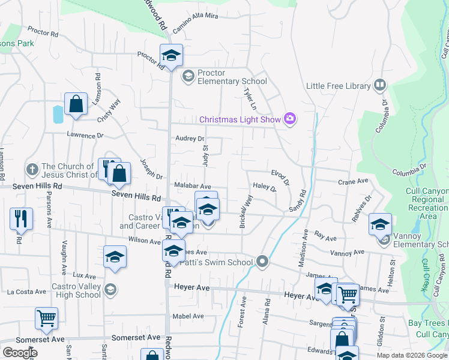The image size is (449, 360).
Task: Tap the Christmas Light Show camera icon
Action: coord(291,119)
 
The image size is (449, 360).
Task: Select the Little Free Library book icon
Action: coord(379,85)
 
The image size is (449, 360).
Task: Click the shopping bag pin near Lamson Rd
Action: coord(77,104)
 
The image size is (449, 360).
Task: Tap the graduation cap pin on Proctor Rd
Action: coord(171,56)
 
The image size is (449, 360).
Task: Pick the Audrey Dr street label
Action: coord(190,139)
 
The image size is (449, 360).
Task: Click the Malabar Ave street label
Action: coord(192,187)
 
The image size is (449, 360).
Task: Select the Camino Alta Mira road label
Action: coord(195,25)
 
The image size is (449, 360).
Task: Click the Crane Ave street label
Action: coord(353,181)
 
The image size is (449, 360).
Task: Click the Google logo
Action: coord(20,353)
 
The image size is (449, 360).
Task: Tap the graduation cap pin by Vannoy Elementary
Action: coord(380,224)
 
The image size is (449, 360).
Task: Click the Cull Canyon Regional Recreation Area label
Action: coord(427,203)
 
